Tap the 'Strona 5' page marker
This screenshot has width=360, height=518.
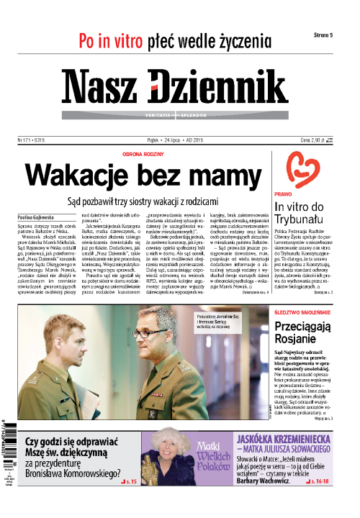328,35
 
